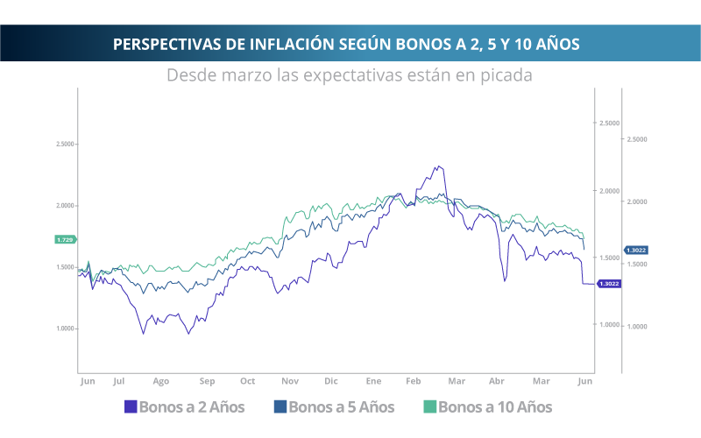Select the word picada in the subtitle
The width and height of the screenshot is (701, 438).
(x=504, y=74)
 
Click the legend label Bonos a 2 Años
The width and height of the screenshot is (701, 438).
(x=192, y=406)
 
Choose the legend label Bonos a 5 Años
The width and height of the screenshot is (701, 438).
(x=341, y=406)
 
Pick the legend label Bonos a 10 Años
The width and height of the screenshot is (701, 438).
(x=495, y=406)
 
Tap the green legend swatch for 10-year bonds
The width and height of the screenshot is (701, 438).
(x=429, y=406)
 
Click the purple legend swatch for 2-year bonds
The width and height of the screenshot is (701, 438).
(x=131, y=406)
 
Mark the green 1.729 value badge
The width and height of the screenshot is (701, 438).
(x=65, y=239)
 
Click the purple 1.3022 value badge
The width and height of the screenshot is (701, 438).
(x=608, y=284)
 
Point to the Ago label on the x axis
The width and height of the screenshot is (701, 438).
(x=160, y=382)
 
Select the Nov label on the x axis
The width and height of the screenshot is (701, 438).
(x=290, y=382)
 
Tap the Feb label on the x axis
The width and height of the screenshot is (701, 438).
(x=414, y=382)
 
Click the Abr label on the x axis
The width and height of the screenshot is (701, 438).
(x=497, y=382)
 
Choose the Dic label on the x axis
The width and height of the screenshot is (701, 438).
(x=330, y=382)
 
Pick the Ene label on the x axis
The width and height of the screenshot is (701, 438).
(x=374, y=382)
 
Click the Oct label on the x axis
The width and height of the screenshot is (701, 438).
(x=248, y=382)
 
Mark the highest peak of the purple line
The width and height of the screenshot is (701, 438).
(x=436, y=165)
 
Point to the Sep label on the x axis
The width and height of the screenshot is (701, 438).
(x=207, y=382)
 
